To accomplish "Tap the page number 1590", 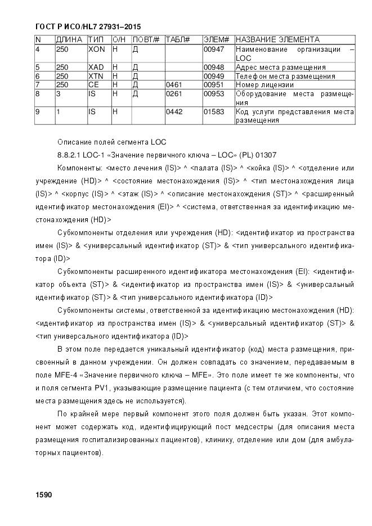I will coord(43,494).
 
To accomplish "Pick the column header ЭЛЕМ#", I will coord(216,40).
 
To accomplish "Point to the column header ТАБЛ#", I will coord(178,40).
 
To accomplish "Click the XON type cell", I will coord(97,49).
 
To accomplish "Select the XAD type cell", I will coord(96,68).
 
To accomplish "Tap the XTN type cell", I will coord(96,76).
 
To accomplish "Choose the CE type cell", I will coord(93,84).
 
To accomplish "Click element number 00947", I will coord(214,49).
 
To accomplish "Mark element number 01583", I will coord(214,112).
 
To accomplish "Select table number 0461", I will coord(174,84).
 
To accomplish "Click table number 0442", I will coord(174,112).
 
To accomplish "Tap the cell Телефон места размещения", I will coord(285,76).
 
